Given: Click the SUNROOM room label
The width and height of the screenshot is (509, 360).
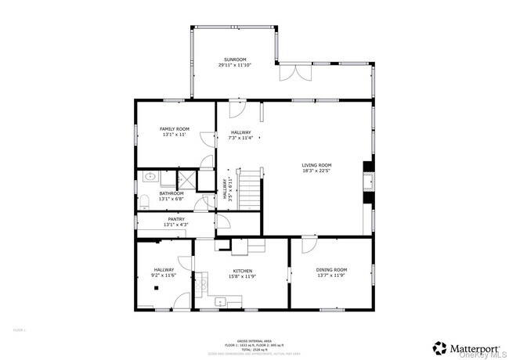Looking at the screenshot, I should click(x=235, y=59).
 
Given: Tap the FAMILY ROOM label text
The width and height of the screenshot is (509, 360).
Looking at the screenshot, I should click(x=175, y=128).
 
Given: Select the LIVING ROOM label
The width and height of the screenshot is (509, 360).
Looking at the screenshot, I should click(x=317, y=165).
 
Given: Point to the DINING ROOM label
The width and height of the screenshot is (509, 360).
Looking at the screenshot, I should click(x=330, y=269).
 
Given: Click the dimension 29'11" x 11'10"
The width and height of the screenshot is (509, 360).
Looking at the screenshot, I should click(x=235, y=66).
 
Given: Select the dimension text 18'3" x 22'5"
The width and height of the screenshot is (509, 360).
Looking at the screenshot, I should click(x=317, y=171).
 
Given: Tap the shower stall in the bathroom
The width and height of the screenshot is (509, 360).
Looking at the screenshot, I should click(x=186, y=179).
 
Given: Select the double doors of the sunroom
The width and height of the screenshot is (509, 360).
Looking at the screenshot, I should click(x=294, y=73).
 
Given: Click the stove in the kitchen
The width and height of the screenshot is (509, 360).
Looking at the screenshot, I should click(x=201, y=280).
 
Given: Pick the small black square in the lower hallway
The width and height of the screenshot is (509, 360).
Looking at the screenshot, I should click(x=157, y=288).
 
